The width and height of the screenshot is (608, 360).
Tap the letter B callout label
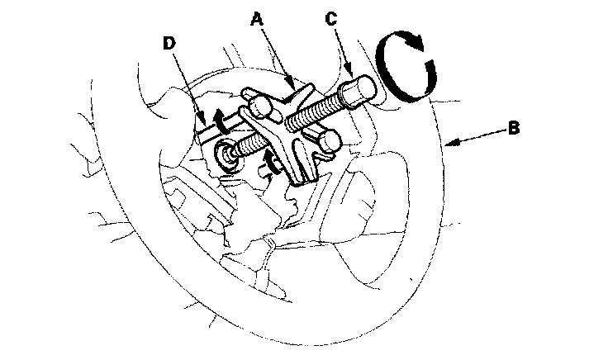point(513,128)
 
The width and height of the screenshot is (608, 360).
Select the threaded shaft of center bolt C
point(311,111)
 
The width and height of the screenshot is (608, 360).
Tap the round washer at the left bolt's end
point(224,152)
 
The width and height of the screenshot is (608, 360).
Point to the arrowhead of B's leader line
point(451,144)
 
